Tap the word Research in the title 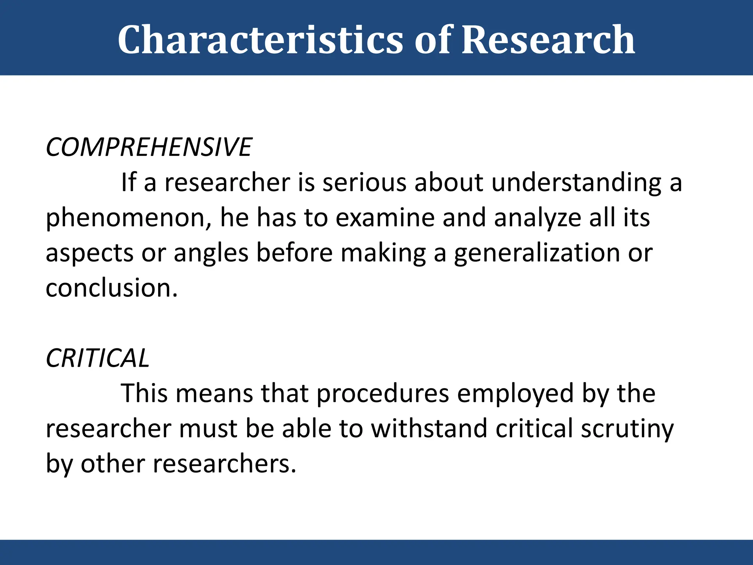548,40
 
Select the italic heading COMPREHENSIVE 149,147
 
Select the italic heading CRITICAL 97,358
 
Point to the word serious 364,182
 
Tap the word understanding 576,182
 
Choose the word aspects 89,253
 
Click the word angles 211,253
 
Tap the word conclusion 111,288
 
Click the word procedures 383,394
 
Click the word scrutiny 627,429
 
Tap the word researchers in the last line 224,463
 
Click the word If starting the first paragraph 129,182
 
